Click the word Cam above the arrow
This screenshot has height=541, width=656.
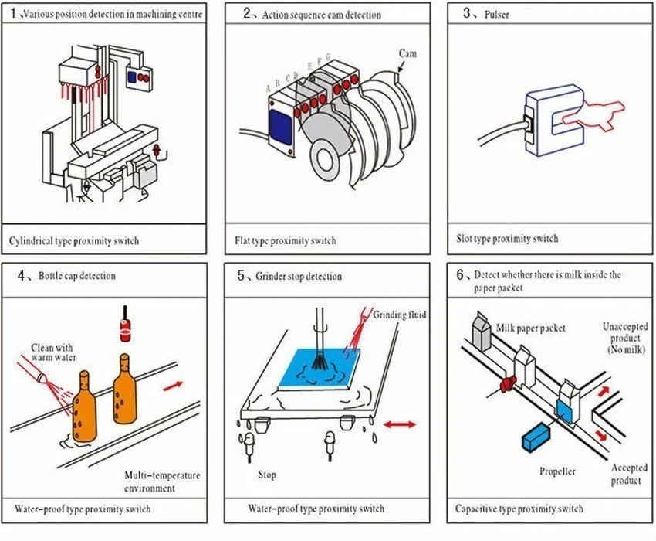407,53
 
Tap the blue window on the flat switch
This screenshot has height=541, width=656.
280,128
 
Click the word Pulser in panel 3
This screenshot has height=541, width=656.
496,15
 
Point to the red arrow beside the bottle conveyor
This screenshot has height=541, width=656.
173,386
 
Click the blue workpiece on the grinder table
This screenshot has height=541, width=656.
319,368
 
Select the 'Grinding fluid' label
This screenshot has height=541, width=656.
400,315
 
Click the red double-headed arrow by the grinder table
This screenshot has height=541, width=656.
400,424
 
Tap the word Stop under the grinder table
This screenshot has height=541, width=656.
267,475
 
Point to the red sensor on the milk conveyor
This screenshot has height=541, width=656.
508,383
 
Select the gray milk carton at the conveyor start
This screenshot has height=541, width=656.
481,332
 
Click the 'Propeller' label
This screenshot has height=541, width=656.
557,471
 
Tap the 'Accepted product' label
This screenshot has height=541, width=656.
628,474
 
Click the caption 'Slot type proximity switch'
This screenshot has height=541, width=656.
507,239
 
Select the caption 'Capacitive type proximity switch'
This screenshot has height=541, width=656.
519,509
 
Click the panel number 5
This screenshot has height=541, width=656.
241,275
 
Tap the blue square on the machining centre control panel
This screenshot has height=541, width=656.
132,77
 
